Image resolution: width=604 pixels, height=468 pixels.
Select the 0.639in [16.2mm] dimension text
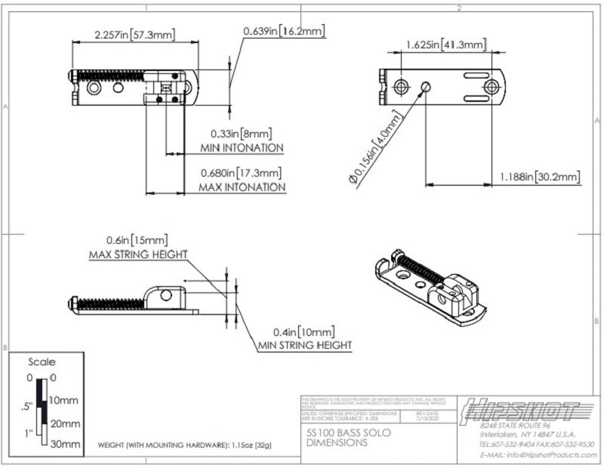click(x=284, y=31)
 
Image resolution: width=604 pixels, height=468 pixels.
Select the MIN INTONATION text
click(x=242, y=147)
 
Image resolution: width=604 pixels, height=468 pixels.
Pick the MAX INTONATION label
click(x=242, y=186)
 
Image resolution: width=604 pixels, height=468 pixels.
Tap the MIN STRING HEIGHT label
click(x=305, y=345)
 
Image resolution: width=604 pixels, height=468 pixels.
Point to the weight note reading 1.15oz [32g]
click(x=184, y=445)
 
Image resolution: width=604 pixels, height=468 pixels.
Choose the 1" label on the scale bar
click(x=28, y=433)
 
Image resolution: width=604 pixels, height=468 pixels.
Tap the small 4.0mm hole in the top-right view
click(x=426, y=86)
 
